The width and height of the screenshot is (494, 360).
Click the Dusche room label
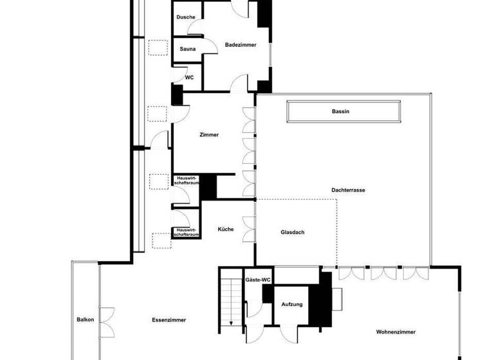pos(186,17)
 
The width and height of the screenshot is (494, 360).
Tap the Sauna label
pos(188,49)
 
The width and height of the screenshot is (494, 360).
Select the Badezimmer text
pos(241,44)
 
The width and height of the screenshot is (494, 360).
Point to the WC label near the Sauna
pos(189,77)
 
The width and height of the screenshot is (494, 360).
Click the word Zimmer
pos(209,135)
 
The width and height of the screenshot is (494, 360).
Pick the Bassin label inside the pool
pos(340,112)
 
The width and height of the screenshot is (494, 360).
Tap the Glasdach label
pos(292,232)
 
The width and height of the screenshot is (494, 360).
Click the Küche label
pos(225,230)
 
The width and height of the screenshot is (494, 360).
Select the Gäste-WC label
pos(257,280)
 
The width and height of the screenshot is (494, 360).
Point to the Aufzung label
pos(292,304)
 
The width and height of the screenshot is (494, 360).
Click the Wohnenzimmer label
pos(396,332)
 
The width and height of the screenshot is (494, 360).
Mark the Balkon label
pos(85,319)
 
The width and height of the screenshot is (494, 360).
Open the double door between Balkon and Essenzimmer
pos(106,319)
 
